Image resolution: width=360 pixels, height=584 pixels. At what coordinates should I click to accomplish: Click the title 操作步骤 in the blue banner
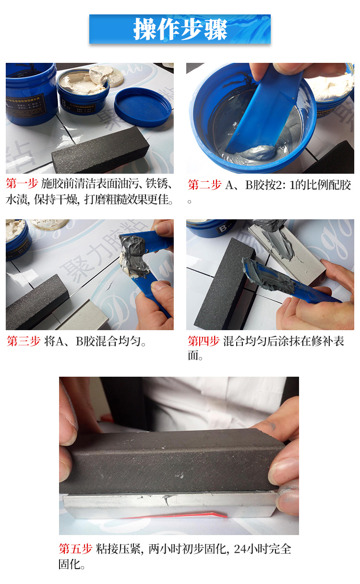tap(180, 30)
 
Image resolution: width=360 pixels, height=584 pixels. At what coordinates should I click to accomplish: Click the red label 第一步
tap(22, 184)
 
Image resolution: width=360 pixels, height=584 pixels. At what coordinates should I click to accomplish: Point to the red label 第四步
tap(204, 341)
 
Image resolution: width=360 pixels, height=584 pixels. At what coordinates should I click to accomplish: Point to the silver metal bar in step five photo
tap(168, 504)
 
